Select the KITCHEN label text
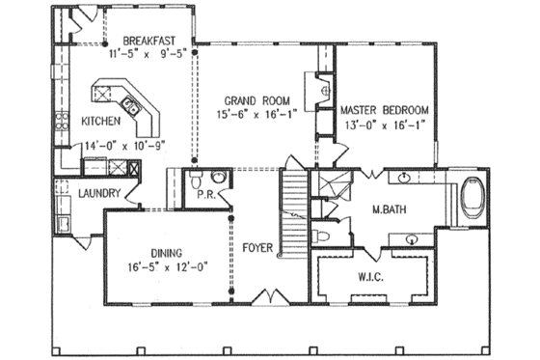[100, 122]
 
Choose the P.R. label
[205, 194]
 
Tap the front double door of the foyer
[267, 293]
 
